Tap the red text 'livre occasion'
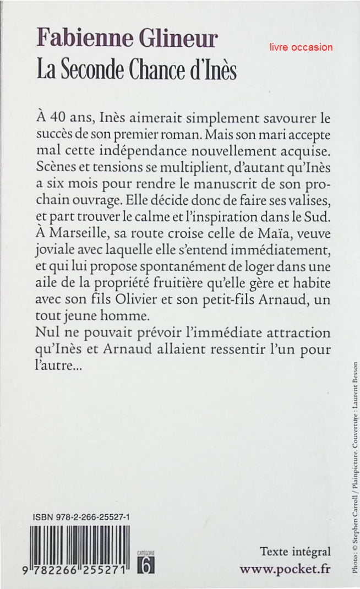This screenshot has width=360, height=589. point(301,47)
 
